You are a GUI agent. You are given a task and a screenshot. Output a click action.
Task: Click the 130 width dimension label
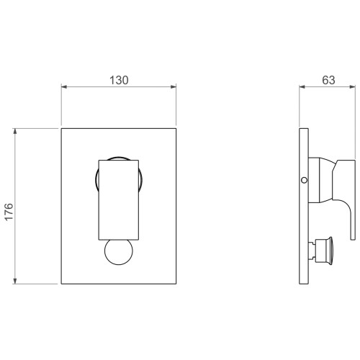(x=119, y=80)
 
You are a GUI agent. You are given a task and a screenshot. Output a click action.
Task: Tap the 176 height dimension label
(x=9, y=212)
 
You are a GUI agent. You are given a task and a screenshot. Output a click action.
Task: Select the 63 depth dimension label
(x=328, y=80)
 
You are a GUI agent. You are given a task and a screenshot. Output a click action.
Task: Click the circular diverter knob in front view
(x=119, y=252)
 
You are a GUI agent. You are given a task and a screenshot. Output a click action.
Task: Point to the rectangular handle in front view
(x=119, y=199)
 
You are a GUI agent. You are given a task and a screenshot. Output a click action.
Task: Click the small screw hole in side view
(x=304, y=180)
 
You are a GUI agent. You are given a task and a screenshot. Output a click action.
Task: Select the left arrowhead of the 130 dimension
(x=64, y=86)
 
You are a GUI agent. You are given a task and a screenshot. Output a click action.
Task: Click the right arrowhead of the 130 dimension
(x=174, y=86)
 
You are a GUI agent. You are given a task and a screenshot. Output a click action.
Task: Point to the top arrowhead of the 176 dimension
(x=15, y=131)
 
